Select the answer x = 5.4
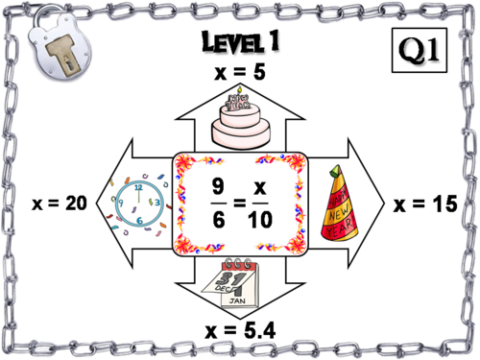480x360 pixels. click(x=239, y=331)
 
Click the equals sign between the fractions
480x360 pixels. click(x=239, y=204)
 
